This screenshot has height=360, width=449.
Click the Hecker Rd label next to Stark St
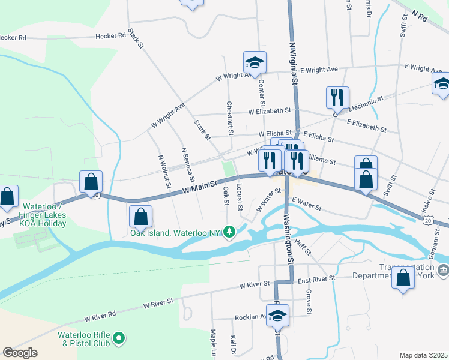tap(112, 37)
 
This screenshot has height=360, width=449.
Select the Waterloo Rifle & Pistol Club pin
tap(119, 340)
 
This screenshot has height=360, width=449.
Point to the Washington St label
tap(288, 239)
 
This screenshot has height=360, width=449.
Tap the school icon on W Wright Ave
tap(255, 62)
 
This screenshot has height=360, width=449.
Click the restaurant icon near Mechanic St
tap(337, 98)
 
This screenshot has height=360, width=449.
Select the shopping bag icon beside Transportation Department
tap(403, 278)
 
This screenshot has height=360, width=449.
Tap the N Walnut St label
tap(163, 171)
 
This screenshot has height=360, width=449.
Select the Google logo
tap(20, 353)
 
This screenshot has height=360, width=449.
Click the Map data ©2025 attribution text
tap(423, 355)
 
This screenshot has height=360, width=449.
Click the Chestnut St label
tap(229, 118)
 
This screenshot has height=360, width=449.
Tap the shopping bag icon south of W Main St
tap(140, 216)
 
